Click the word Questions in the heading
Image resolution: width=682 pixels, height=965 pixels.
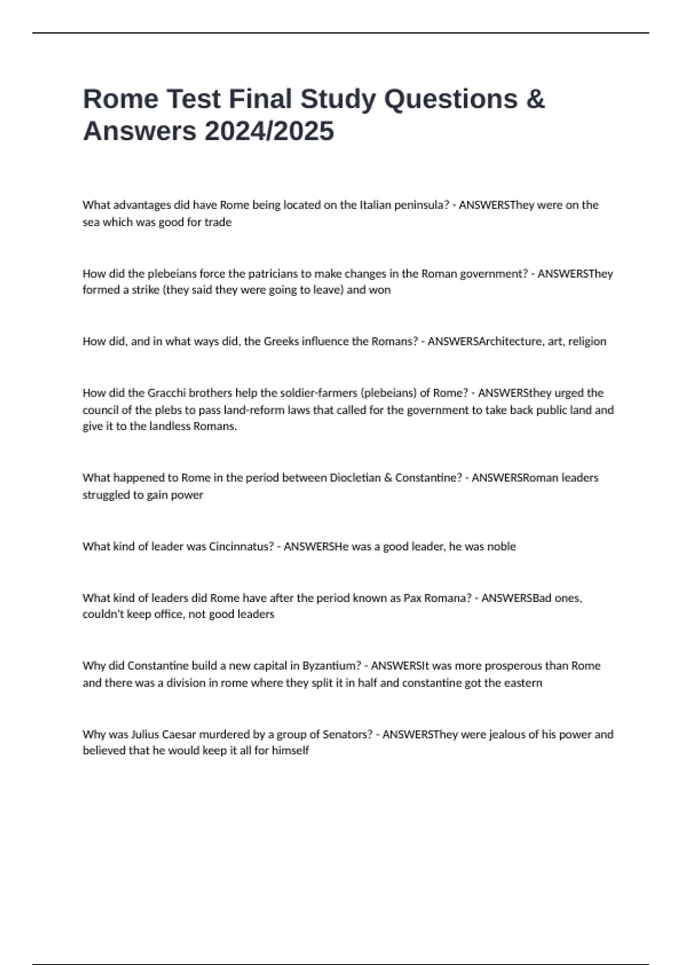click(451, 99)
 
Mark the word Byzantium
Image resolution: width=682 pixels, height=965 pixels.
click(331, 666)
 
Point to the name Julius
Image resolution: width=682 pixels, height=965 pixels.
click(145, 735)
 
